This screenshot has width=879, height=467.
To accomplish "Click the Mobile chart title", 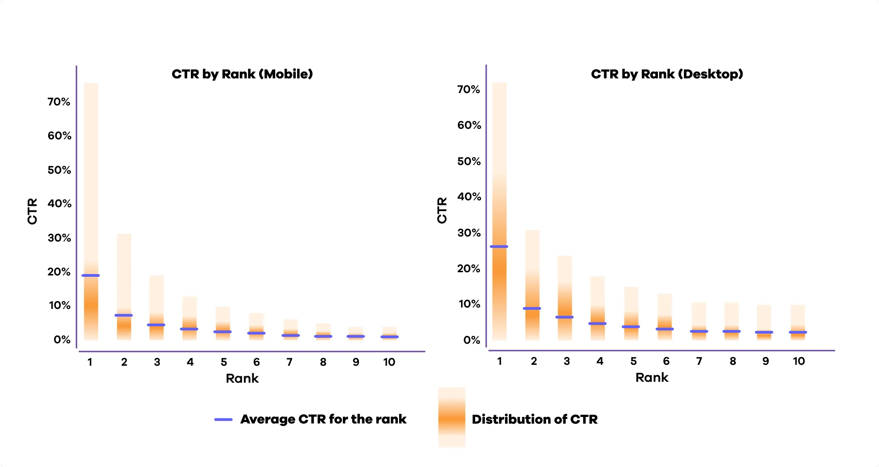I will click(x=242, y=74).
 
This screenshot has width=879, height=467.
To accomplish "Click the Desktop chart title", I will click(x=667, y=74).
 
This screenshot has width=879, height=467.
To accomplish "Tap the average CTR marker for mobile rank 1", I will click(x=91, y=275).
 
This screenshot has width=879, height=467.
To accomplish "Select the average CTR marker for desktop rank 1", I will click(x=499, y=247).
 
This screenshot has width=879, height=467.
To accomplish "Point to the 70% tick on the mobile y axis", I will click(x=59, y=102).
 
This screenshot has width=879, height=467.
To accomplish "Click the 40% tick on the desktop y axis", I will click(x=469, y=197).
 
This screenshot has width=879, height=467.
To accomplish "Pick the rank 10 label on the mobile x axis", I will click(x=389, y=362).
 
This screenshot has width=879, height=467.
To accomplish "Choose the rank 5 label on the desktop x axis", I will click(x=634, y=361).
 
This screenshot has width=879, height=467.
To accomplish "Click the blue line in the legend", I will click(x=223, y=419).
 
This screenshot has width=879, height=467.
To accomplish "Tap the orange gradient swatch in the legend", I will click(x=452, y=417).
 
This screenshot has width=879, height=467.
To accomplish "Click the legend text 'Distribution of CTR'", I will click(x=535, y=419).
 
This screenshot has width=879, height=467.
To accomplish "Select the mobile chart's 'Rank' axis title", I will click(x=242, y=378).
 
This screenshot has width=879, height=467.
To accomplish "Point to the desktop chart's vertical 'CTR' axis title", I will click(x=442, y=210).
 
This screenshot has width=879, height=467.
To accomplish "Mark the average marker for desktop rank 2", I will click(x=532, y=308).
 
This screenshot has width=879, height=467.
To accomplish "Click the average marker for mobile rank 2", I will click(x=124, y=315).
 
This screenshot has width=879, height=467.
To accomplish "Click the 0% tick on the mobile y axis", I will click(x=62, y=340).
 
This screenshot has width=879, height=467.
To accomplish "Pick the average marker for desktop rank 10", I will click(x=798, y=332).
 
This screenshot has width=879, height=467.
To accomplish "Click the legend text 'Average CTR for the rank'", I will click(x=323, y=419).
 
